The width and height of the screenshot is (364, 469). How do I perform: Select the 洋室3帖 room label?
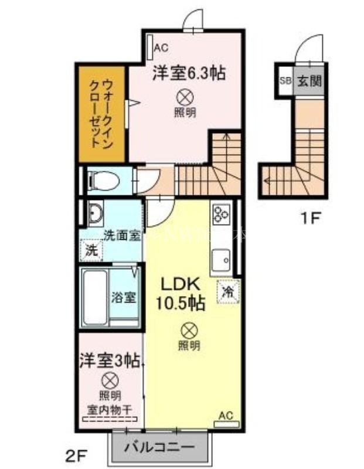pyautogui.click(x=110, y=360)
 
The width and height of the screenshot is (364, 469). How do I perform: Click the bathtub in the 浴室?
pyautogui.click(x=93, y=296)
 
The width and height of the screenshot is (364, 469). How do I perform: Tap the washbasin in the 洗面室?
pyautogui.click(x=94, y=214)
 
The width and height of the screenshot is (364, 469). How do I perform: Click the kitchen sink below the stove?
pyautogui.click(x=222, y=258)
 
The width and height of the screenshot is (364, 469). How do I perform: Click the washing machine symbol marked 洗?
pyautogui.click(x=92, y=251)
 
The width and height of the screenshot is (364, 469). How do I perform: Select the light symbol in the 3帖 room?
pyautogui.click(x=109, y=380)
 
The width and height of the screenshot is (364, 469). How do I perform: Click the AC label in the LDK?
pyautogui.click(x=226, y=416)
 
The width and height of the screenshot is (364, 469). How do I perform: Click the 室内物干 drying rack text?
pyautogui.click(x=110, y=409)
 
